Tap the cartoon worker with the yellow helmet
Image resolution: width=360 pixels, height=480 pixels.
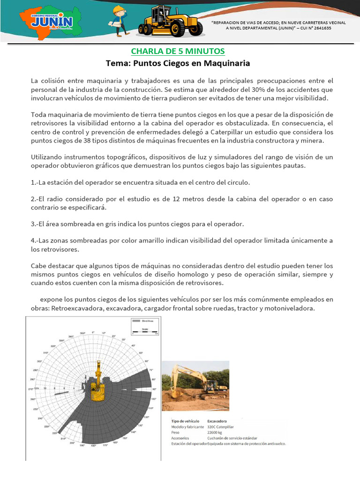pos(119,20)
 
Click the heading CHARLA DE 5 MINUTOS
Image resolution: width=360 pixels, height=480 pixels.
pos(178,51)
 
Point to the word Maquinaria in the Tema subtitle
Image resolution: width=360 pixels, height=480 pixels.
pos(227,63)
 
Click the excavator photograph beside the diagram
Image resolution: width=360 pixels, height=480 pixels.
pos(195,385)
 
